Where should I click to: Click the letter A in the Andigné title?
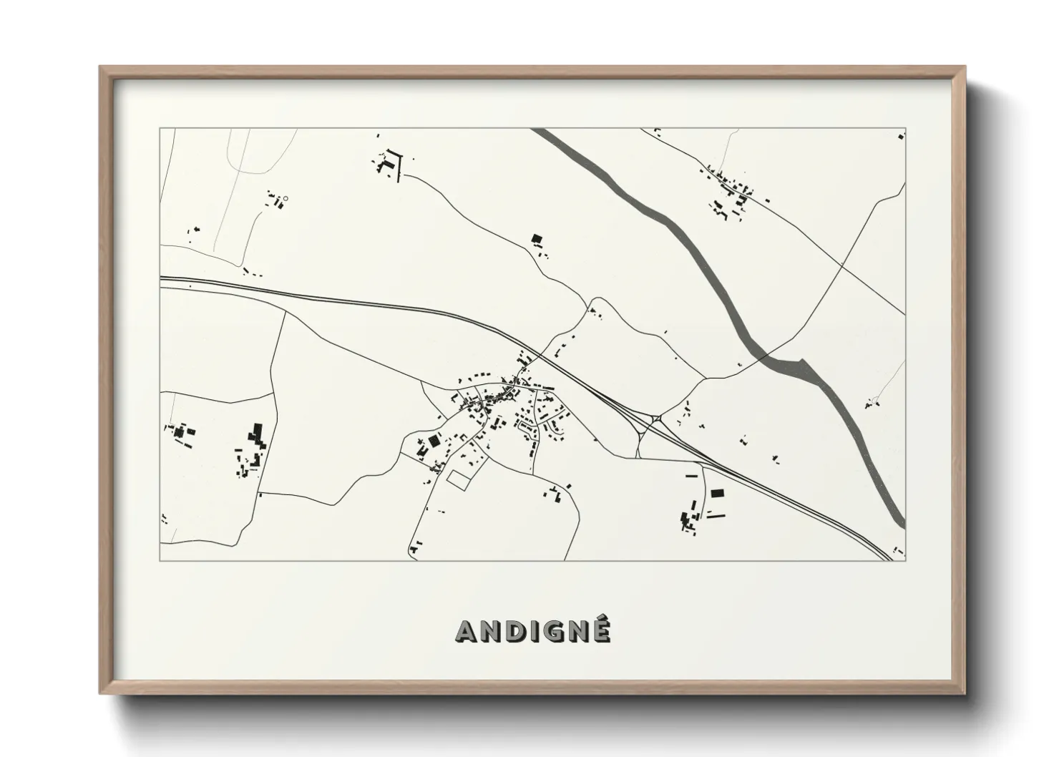468,631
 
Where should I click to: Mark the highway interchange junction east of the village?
650,423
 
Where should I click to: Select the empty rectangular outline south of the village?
457,479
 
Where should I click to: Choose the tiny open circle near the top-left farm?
285,197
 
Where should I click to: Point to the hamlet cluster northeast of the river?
730,190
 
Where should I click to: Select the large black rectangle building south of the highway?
716,493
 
